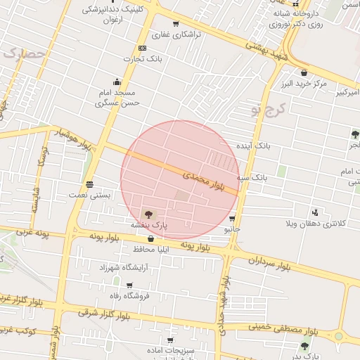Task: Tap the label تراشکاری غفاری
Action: (x=176, y=34)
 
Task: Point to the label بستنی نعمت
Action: (x=89, y=194)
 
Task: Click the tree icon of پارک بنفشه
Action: (x=148, y=213)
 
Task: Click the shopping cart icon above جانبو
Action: (x=232, y=219)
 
